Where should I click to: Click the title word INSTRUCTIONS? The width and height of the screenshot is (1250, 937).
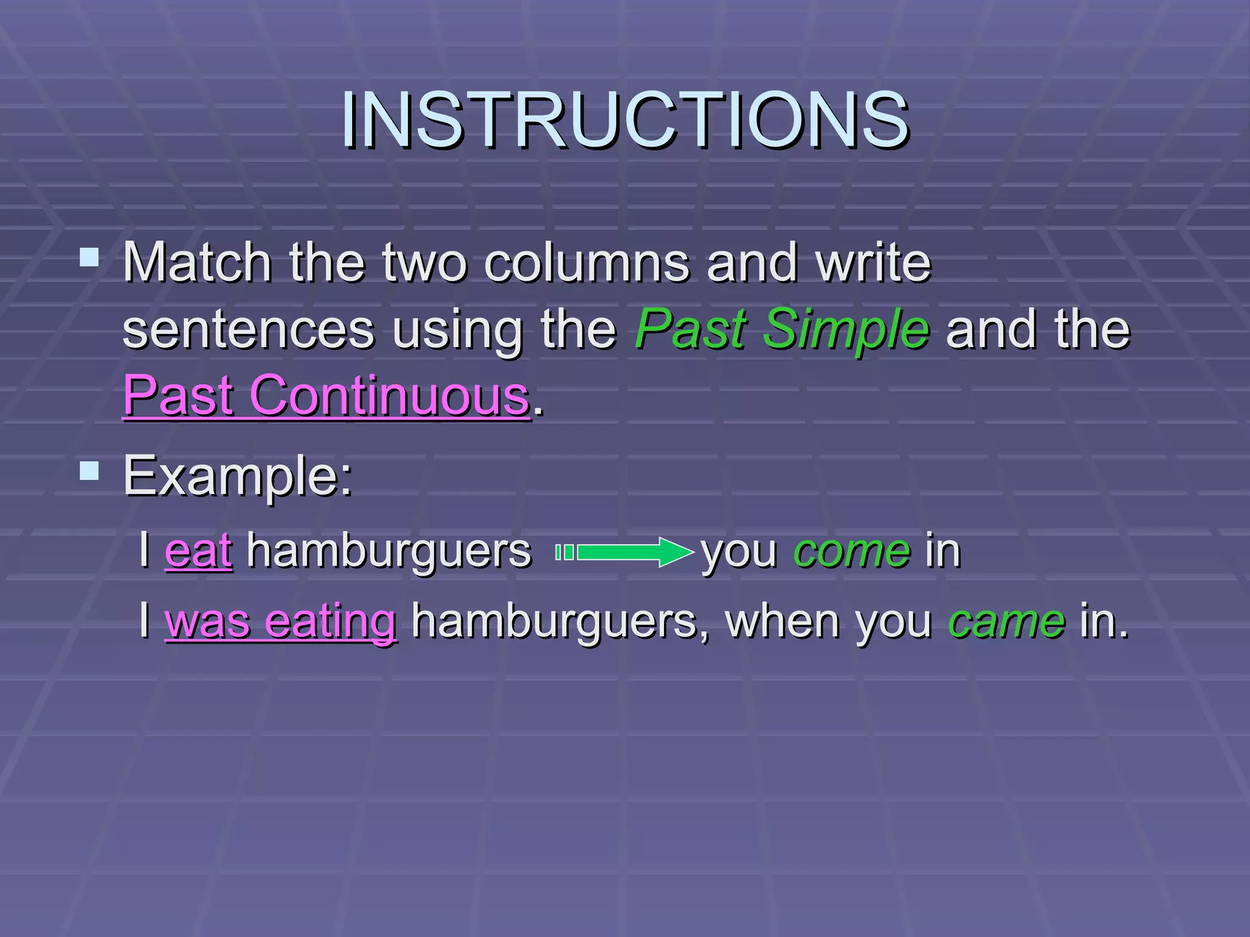coord(625,120)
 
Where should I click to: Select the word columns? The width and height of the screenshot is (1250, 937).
coord(587,264)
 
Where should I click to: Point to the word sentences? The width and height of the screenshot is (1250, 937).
coord(248,330)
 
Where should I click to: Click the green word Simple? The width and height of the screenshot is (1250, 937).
coord(847,330)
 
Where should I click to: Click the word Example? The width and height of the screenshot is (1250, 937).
coord(238,476)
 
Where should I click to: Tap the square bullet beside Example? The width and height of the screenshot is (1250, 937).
coord(89,470)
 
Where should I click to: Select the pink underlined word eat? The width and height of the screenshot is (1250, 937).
coord(198,551)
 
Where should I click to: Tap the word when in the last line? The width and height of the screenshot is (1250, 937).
coord(781,620)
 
